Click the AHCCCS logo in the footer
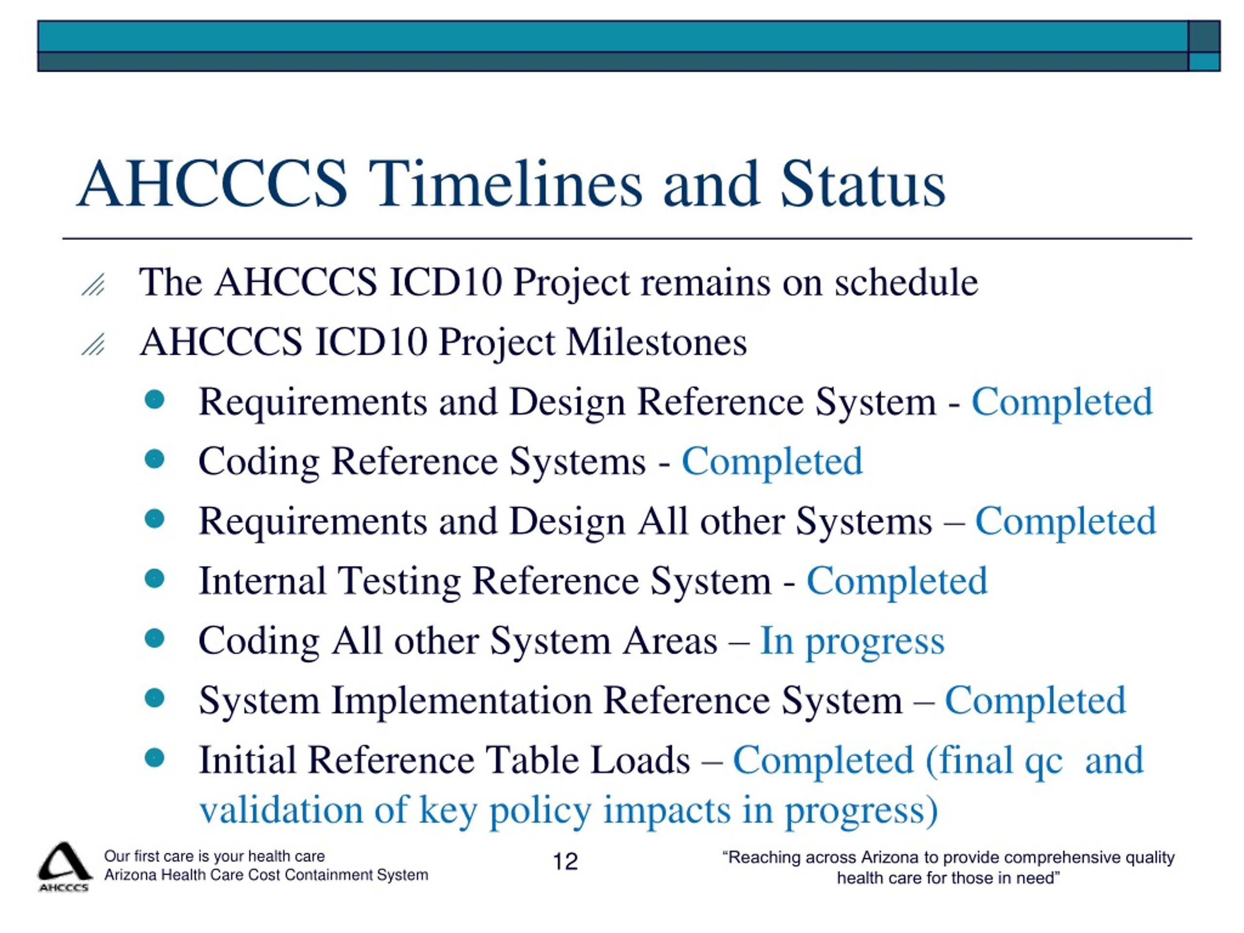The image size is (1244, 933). [x=64, y=866]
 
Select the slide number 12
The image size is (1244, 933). [x=565, y=862]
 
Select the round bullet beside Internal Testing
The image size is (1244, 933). [x=154, y=578]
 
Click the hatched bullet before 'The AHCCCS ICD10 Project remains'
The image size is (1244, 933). [x=93, y=285]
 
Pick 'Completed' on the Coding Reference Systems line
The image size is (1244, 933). [x=772, y=461]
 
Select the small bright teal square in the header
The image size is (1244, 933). [x=1204, y=61]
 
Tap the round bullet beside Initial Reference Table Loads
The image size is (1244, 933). [x=154, y=758]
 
